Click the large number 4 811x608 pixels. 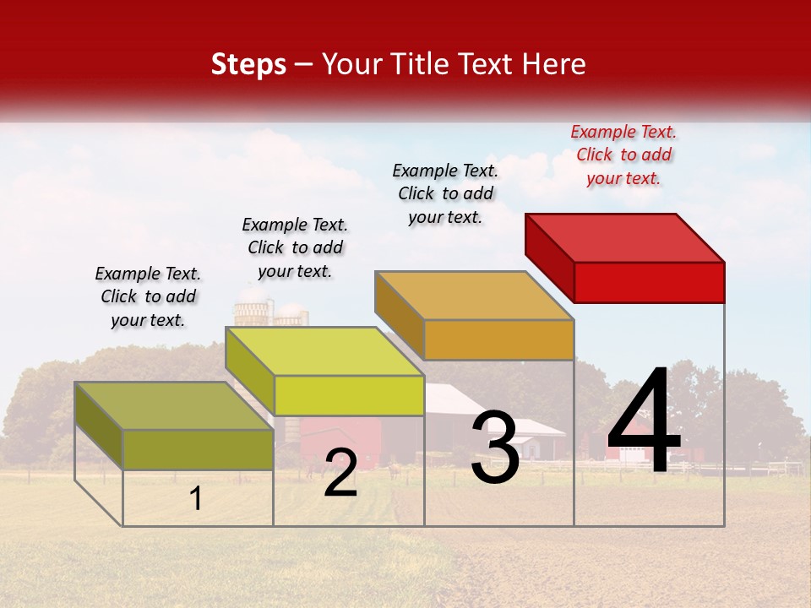pyautogui.click(x=644, y=421)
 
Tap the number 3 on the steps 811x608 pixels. pyautogui.click(x=495, y=448)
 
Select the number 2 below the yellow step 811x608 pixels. pyautogui.click(x=340, y=473)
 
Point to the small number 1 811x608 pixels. pyautogui.click(x=196, y=498)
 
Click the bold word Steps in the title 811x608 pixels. pyautogui.click(x=248, y=64)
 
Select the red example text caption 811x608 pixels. pyautogui.click(x=623, y=155)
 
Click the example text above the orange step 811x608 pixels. pyautogui.click(x=445, y=193)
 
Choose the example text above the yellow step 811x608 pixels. pyautogui.click(x=295, y=247)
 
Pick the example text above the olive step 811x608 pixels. pyautogui.click(x=148, y=296)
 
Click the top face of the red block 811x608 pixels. pyautogui.click(x=625, y=237)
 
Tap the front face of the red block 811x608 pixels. pyautogui.click(x=649, y=282)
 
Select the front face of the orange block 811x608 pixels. pyautogui.click(x=498, y=339)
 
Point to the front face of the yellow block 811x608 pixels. pyautogui.click(x=349, y=395)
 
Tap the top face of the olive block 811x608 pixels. pyautogui.click(x=174, y=405)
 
